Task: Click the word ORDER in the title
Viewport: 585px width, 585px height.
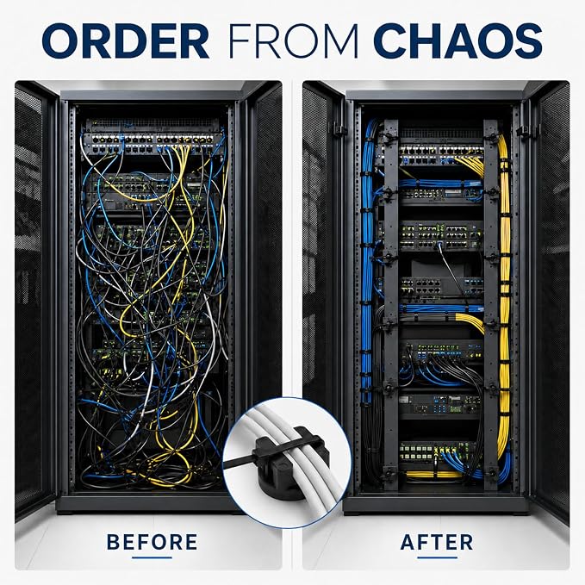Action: point(126,40)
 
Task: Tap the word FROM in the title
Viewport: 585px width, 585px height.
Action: point(293,40)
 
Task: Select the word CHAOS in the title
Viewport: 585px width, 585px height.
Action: point(457,40)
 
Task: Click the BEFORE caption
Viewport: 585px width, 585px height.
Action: point(152,542)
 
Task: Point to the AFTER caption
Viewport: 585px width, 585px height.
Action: point(437,542)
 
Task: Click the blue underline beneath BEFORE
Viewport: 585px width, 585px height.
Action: point(152,557)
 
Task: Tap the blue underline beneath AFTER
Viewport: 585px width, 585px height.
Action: point(438,557)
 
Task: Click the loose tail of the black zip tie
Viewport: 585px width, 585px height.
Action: point(239,463)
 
